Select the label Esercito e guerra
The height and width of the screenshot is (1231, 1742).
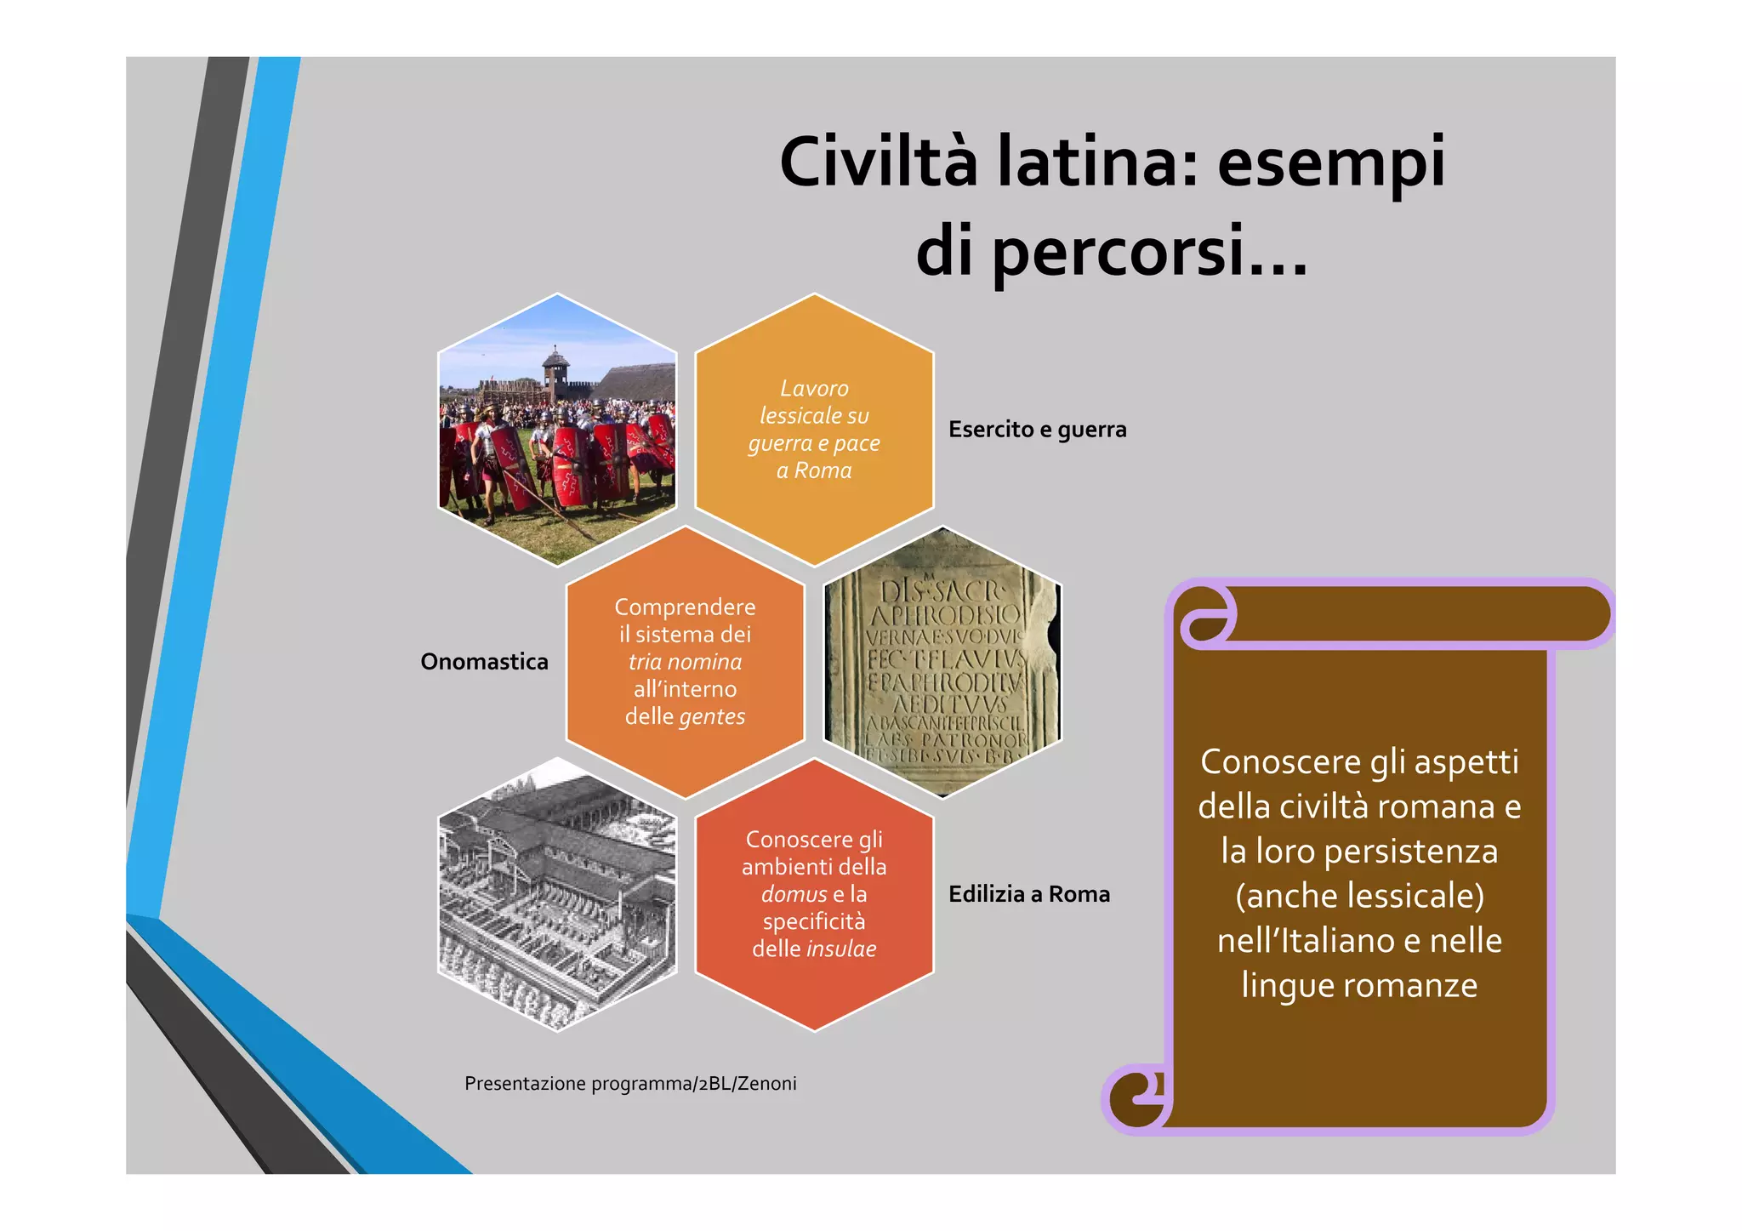click(1037, 430)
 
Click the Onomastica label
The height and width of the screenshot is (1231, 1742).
click(484, 662)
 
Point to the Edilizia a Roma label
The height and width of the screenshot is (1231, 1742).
click(1029, 894)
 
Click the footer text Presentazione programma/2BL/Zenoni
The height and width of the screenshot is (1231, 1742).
click(630, 1084)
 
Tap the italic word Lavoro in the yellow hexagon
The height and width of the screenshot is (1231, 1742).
click(814, 389)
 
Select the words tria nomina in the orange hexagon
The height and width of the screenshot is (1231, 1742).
click(685, 662)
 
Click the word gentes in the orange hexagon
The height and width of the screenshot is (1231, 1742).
click(712, 717)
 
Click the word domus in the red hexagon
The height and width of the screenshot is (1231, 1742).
click(794, 895)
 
